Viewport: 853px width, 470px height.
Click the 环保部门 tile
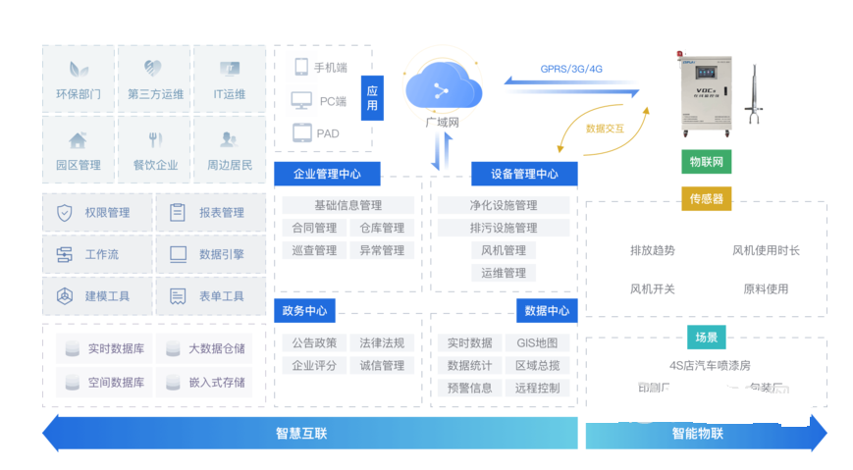point(80,79)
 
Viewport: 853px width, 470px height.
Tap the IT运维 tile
point(229,79)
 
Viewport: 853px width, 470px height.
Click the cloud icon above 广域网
point(442,88)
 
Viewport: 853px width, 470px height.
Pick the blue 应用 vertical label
point(372,98)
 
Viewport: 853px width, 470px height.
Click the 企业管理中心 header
point(327,175)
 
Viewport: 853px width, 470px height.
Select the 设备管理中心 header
point(524,175)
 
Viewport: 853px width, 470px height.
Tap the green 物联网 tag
point(706,162)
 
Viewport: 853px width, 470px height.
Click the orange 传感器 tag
point(706,199)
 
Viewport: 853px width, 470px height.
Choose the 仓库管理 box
point(382,228)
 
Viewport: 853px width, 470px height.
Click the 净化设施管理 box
point(503,205)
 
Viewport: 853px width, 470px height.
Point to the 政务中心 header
point(304,312)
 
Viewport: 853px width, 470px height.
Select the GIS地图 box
point(537,342)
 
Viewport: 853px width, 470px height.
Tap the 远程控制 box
point(537,388)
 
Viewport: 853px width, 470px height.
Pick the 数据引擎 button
point(208,254)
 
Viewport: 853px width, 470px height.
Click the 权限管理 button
point(97,212)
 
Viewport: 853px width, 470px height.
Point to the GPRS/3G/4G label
point(571,69)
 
